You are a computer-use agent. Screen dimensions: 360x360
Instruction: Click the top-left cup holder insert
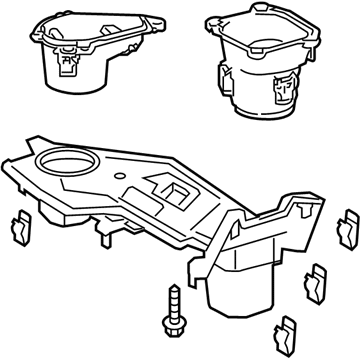coord(90,50)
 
